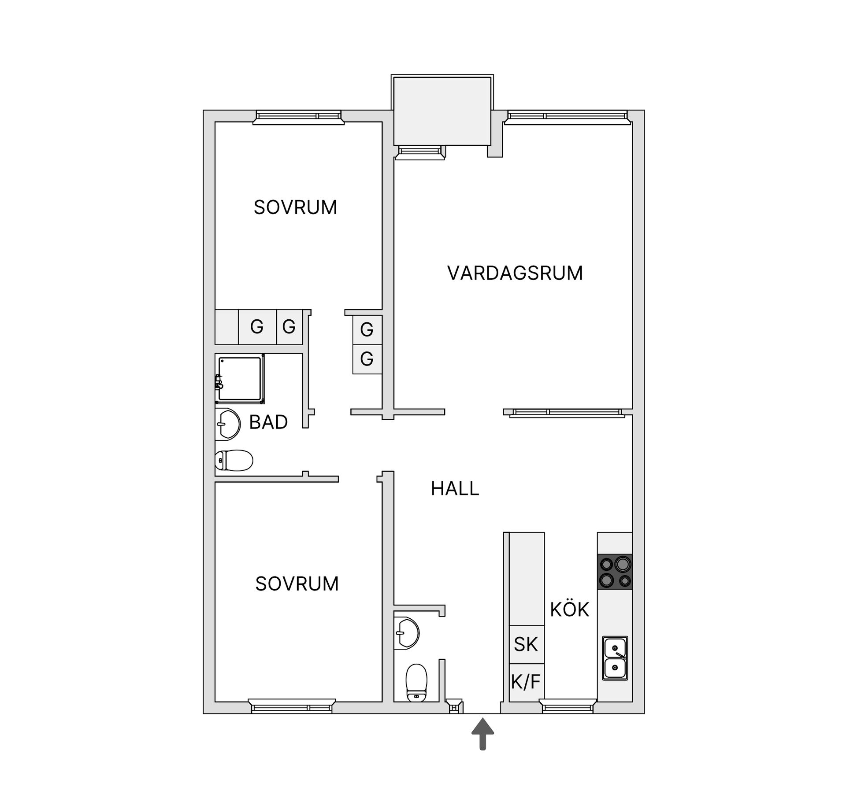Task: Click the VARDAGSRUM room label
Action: coord(515,273)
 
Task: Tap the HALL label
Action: coord(455,488)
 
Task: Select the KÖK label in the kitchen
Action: coord(569,610)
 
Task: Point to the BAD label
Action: coord(268,422)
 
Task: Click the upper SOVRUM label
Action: coord(295,207)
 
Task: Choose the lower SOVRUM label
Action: coord(297,584)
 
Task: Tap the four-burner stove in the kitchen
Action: coord(615,572)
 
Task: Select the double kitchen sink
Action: coord(615,658)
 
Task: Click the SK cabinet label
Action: coord(526,644)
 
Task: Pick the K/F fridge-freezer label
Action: coord(526,682)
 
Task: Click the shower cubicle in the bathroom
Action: coord(240,379)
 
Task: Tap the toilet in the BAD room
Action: coord(234,461)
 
